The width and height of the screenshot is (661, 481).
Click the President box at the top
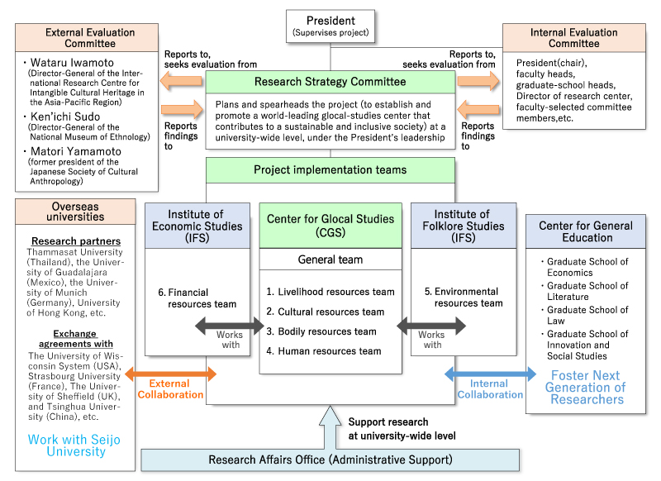point(330,26)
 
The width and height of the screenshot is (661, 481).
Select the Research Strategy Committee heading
point(330,82)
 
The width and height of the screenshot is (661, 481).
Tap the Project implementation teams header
point(330,170)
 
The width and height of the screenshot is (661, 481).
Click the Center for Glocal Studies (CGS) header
point(330,225)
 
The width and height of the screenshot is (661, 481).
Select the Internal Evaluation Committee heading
point(574,38)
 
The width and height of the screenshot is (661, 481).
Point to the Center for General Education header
point(586,231)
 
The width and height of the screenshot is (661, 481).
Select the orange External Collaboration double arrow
point(169,374)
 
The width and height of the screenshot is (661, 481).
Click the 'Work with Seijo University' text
point(68,446)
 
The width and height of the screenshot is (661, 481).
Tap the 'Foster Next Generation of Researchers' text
point(587,387)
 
